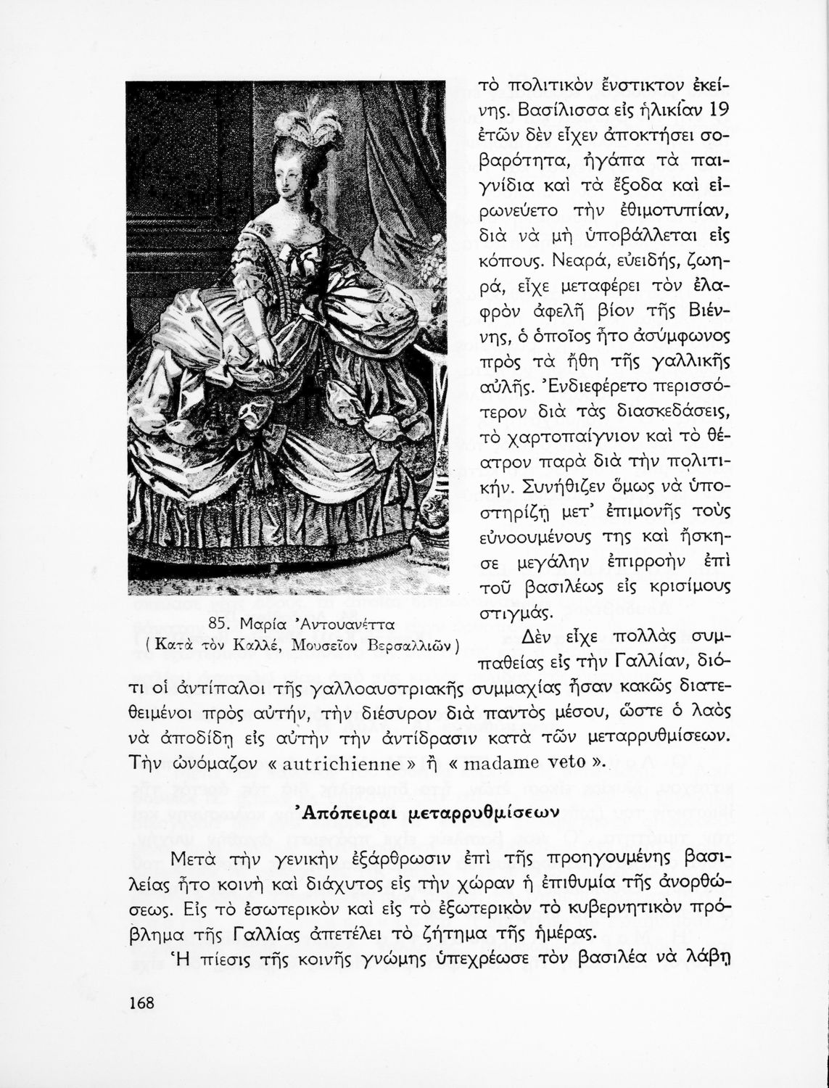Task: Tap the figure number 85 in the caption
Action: coord(218,625)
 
